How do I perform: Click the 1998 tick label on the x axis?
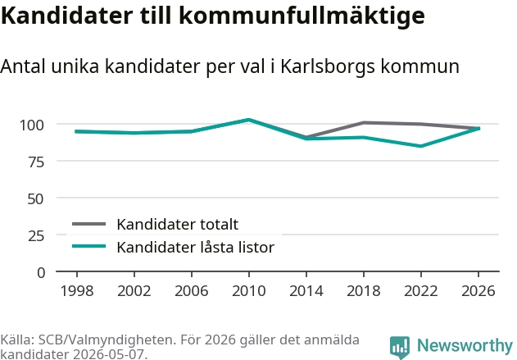(x=77, y=291)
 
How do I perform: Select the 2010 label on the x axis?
(x=249, y=291)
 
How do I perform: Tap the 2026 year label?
(x=478, y=291)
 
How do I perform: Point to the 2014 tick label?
(x=306, y=291)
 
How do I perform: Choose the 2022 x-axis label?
(x=421, y=291)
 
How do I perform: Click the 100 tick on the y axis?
(x=32, y=125)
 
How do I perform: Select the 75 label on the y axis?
(x=36, y=162)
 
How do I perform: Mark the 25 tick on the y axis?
(x=36, y=236)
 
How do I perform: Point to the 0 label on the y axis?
(x=41, y=273)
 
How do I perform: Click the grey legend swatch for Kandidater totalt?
(x=88, y=224)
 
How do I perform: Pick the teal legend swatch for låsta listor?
(x=88, y=246)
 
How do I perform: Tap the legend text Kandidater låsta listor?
(x=196, y=247)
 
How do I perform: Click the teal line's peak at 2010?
(x=249, y=120)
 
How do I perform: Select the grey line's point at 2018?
(x=364, y=123)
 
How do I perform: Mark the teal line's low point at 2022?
(x=421, y=146)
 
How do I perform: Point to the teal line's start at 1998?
(x=76, y=131)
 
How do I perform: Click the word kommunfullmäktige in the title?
(x=302, y=16)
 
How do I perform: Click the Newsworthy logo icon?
(x=400, y=347)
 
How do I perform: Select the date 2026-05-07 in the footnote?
(x=108, y=354)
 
